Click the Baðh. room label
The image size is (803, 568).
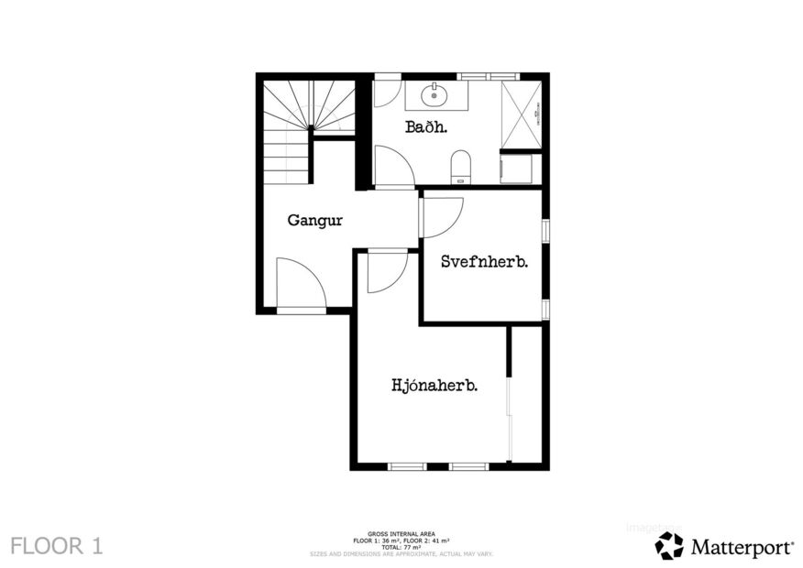[x=426, y=127]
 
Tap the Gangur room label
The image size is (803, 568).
[x=314, y=220]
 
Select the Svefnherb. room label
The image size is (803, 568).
[x=484, y=261]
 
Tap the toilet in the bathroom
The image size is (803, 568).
[x=460, y=169]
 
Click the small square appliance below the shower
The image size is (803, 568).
[x=516, y=169]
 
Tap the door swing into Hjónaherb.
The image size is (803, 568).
[x=386, y=272]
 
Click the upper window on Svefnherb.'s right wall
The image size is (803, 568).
[x=545, y=231]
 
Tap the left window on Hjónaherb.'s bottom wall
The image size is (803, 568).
[x=407, y=466]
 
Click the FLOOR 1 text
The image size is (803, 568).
[x=56, y=546]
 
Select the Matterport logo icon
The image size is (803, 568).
[x=669, y=546]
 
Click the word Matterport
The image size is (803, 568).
[x=742, y=547]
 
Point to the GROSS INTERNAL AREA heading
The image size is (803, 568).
[x=401, y=533]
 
